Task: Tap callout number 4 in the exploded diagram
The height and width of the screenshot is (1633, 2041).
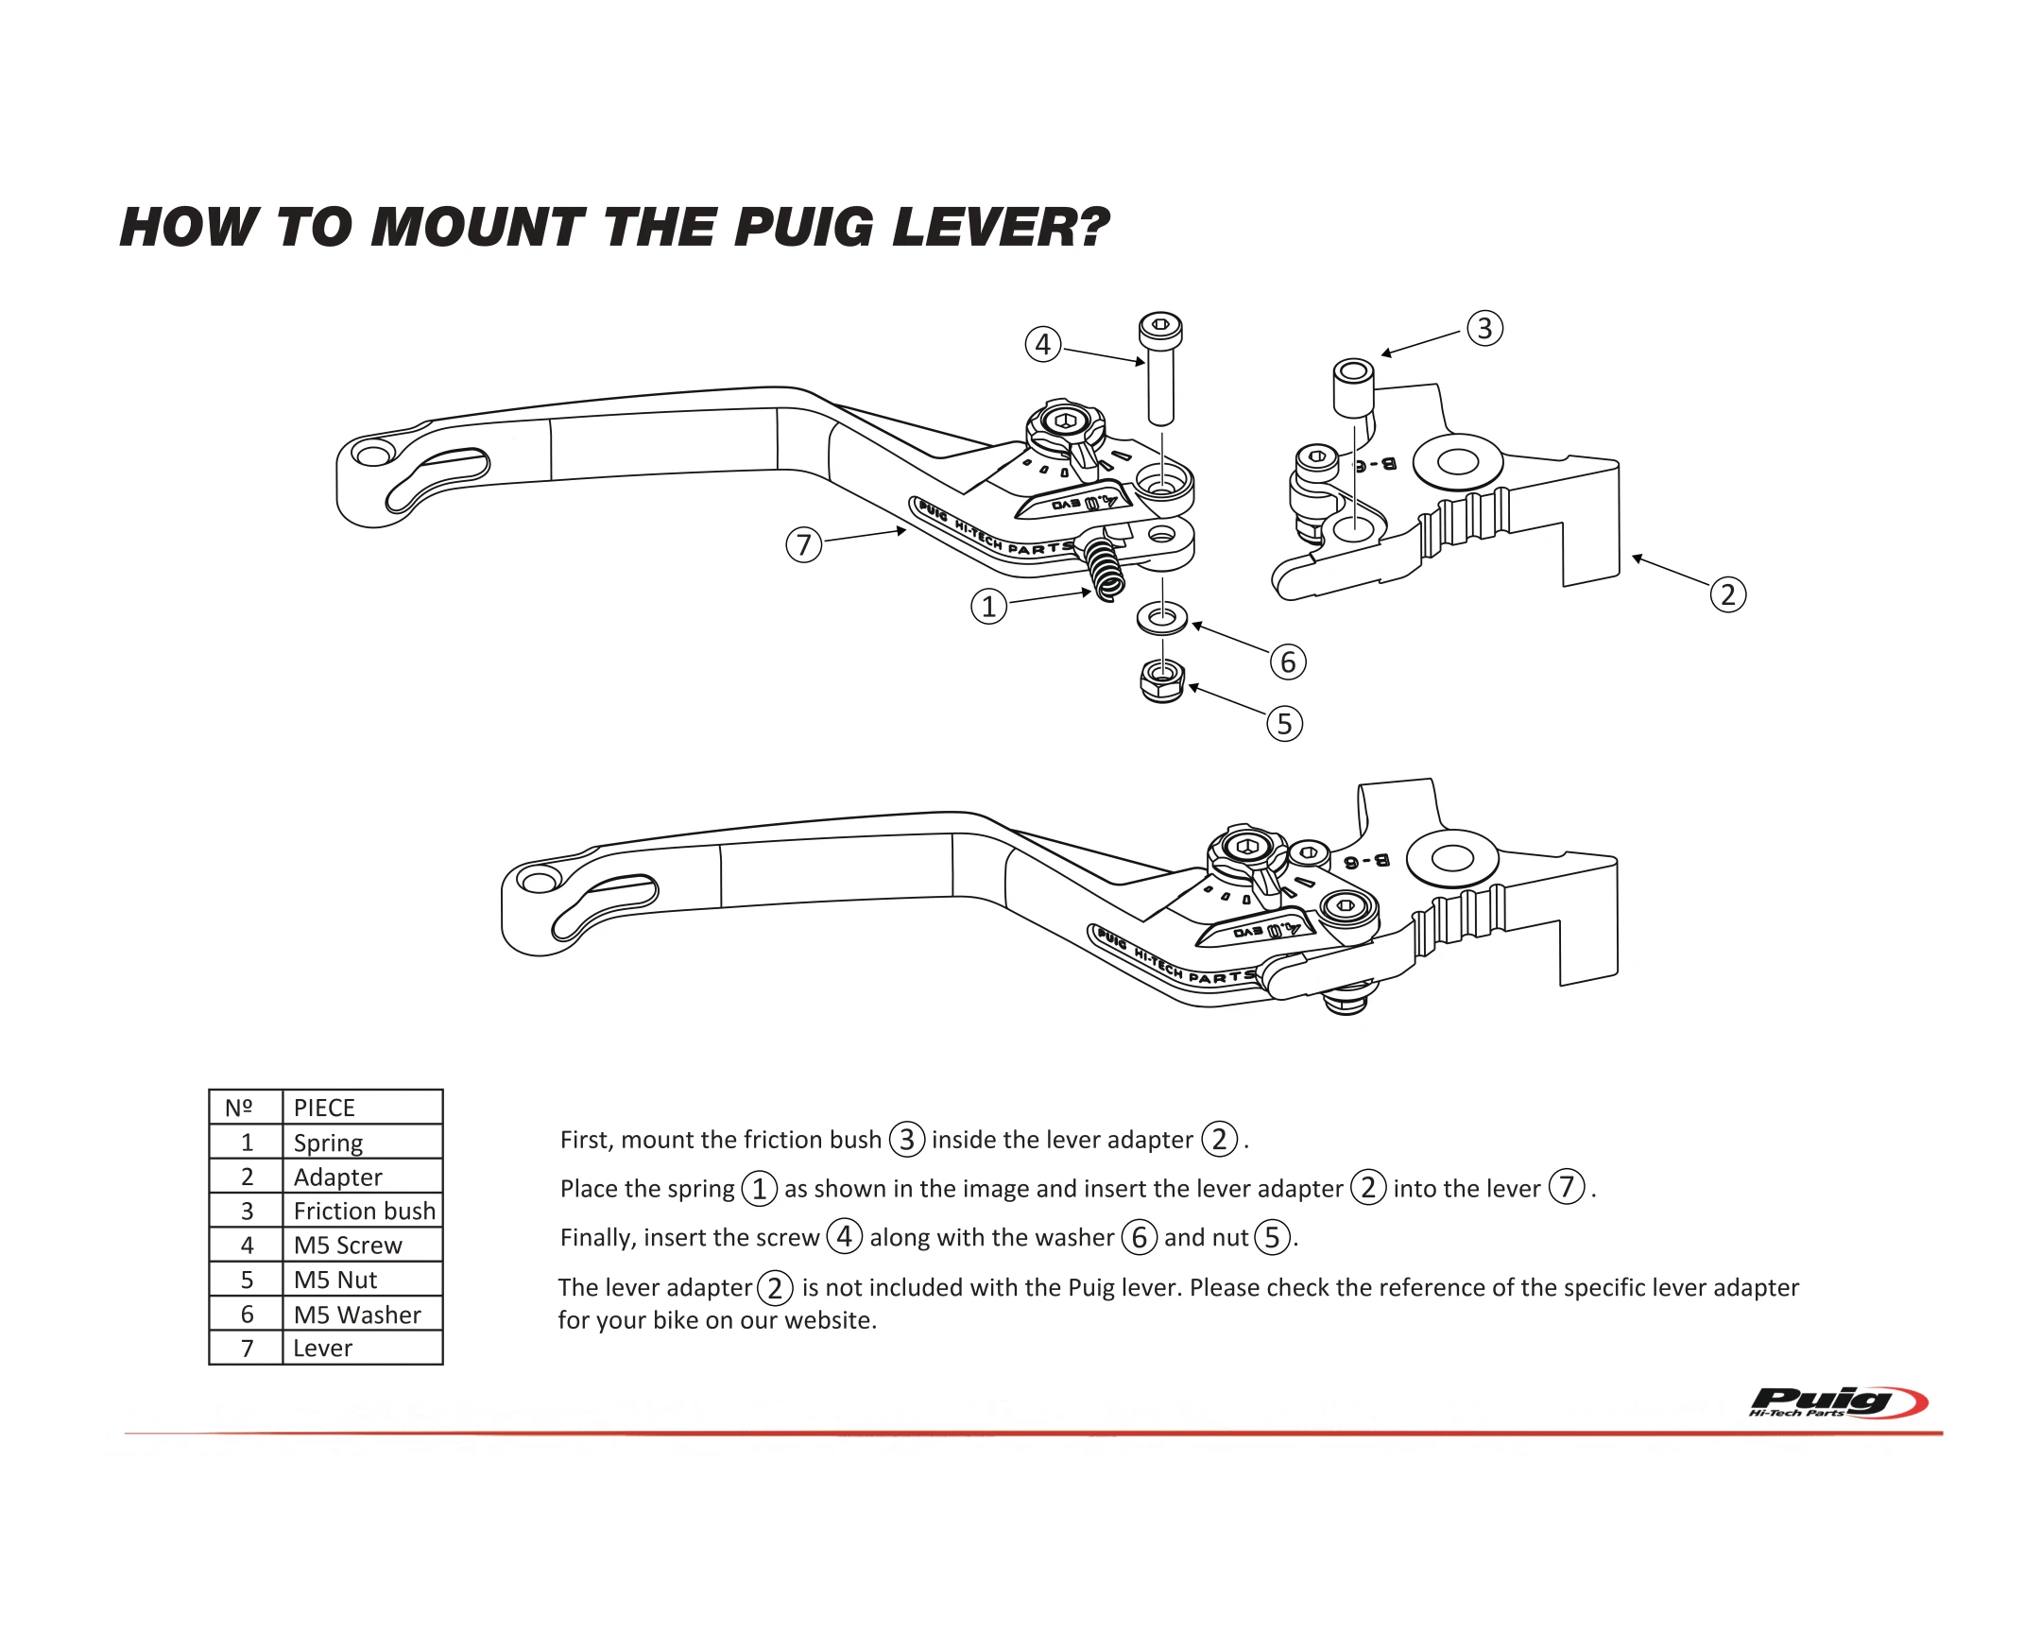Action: [x=1042, y=344]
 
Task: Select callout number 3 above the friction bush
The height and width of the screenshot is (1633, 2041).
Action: [x=1484, y=329]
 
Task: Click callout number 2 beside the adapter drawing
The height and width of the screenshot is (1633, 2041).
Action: [x=1727, y=594]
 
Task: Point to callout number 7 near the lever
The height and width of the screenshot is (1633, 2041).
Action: [x=804, y=544]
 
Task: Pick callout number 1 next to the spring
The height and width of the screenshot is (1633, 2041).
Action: [x=988, y=606]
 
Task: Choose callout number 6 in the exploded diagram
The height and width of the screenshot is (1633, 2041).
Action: [x=1288, y=662]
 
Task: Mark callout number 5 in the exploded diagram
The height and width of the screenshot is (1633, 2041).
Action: [x=1285, y=724]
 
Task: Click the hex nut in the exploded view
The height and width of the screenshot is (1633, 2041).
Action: [x=1162, y=680]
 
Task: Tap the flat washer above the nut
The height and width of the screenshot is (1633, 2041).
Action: [x=1161, y=619]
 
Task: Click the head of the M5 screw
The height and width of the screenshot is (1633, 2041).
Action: [x=1160, y=330]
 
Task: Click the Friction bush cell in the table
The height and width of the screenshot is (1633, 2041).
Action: [x=364, y=1211]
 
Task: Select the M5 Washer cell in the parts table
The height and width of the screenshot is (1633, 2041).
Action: [x=357, y=1314]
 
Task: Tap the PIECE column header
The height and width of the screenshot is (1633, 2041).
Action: [x=324, y=1108]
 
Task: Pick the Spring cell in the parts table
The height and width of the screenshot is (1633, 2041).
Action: [x=328, y=1143]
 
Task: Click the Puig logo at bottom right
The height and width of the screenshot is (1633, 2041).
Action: [x=1837, y=1402]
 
